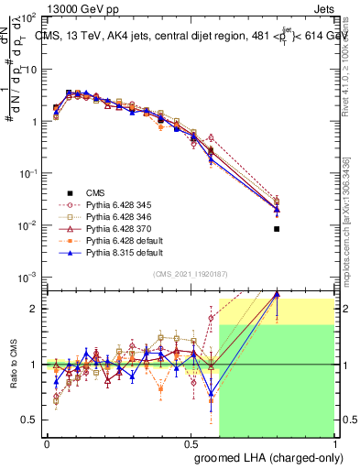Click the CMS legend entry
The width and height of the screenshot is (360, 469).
(x=95, y=192)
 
